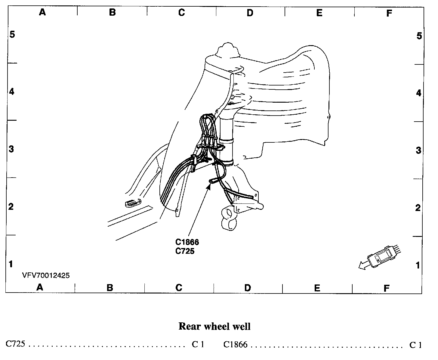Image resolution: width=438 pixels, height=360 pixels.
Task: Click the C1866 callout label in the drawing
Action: click(x=187, y=242)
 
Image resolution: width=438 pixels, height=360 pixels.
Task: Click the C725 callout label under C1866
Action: click(x=185, y=251)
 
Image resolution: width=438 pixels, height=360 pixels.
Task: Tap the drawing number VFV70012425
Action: click(x=46, y=275)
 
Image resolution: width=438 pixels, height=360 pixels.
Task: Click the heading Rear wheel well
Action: click(x=214, y=326)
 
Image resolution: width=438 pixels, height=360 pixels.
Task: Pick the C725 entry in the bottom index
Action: click(x=15, y=344)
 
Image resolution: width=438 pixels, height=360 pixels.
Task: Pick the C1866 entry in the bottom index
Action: click(x=235, y=344)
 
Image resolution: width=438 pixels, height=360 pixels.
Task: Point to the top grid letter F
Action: click(x=389, y=13)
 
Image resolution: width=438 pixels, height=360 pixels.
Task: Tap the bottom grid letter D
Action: click(x=248, y=288)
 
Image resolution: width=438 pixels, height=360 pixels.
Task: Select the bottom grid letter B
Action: click(x=110, y=288)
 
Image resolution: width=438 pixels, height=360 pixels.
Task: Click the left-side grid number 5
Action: click(x=12, y=34)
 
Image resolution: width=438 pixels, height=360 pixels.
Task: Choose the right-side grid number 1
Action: click(x=418, y=265)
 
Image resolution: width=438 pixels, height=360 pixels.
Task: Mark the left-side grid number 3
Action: click(x=11, y=149)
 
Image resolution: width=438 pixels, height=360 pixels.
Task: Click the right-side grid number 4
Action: click(x=418, y=93)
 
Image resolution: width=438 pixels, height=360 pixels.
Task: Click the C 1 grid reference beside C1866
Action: click(x=416, y=345)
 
